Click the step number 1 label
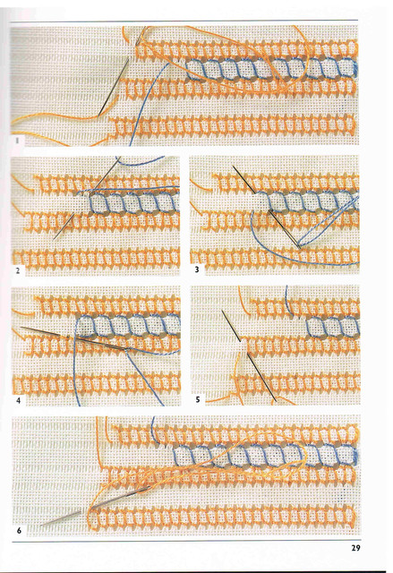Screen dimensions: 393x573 17,141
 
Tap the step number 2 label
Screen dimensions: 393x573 18,270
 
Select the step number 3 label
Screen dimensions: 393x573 197,269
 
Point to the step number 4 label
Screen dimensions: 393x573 18,400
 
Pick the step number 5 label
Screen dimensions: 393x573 198,399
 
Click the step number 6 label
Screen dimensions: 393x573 19,530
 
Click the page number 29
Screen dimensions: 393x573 355,548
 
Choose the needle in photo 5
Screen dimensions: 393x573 249,356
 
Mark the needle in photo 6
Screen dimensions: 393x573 96,507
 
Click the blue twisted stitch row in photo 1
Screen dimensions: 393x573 272,69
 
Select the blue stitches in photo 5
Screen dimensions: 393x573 332,327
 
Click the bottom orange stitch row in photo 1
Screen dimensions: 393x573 232,126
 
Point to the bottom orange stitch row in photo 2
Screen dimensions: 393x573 96,257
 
